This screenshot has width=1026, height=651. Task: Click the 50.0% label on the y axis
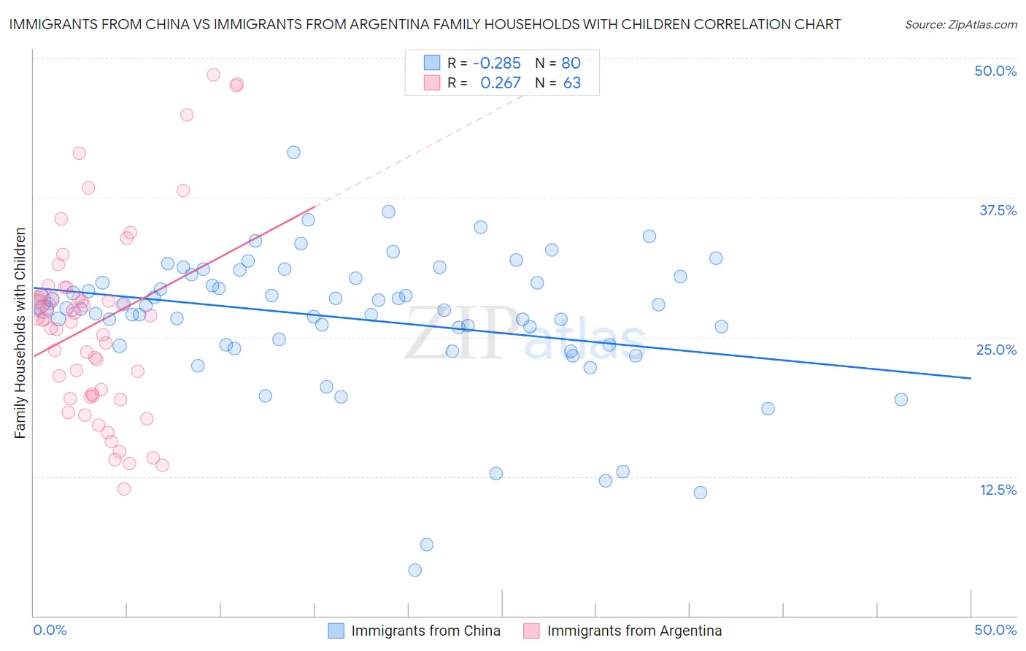pyautogui.click(x=995, y=71)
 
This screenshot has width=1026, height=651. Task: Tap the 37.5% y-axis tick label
pyautogui.click(x=998, y=210)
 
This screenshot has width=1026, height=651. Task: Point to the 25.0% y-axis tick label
pyautogui.click(x=996, y=350)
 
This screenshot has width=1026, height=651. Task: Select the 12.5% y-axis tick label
pyautogui.click(x=998, y=490)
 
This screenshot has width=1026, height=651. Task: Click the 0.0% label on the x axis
pyautogui.click(x=50, y=630)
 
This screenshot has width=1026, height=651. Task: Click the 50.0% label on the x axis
pyautogui.click(x=995, y=630)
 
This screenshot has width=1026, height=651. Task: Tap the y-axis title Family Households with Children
pyautogui.click(x=20, y=333)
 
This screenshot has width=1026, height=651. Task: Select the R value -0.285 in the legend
pyautogui.click(x=497, y=63)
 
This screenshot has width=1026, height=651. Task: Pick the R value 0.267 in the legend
pyautogui.click(x=501, y=83)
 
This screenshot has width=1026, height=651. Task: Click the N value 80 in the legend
pyautogui.click(x=571, y=63)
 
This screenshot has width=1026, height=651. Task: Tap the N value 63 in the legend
pyautogui.click(x=571, y=83)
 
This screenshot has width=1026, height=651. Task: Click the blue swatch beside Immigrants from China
pyautogui.click(x=336, y=631)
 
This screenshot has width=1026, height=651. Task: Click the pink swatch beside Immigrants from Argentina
pyautogui.click(x=531, y=631)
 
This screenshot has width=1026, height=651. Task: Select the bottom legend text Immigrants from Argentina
pyautogui.click(x=634, y=631)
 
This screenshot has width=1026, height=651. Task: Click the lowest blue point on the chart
pyautogui.click(x=415, y=570)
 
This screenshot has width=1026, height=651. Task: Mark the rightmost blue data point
pyautogui.click(x=901, y=399)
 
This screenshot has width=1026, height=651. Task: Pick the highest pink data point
pyautogui.click(x=213, y=74)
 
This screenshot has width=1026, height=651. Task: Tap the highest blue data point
pyautogui.click(x=293, y=153)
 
